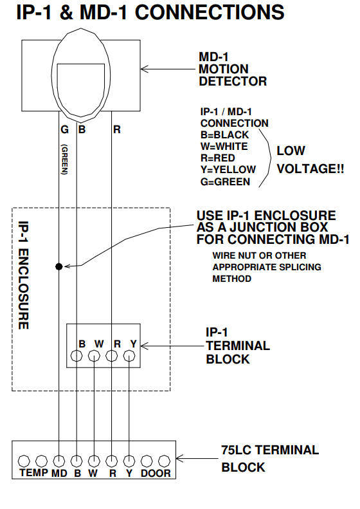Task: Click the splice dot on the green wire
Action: (x=59, y=266)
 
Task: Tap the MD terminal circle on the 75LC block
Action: (x=59, y=461)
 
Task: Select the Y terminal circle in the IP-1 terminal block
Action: (x=129, y=356)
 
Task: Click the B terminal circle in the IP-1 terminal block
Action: (x=76, y=356)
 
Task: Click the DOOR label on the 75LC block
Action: (x=156, y=473)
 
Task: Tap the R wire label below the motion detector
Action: (x=117, y=129)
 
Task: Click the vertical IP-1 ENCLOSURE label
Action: (x=23, y=275)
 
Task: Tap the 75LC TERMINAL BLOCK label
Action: (x=269, y=458)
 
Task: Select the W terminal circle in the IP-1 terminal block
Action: (x=94, y=356)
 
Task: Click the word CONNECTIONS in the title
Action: (x=196, y=13)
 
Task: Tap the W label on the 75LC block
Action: (x=94, y=473)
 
